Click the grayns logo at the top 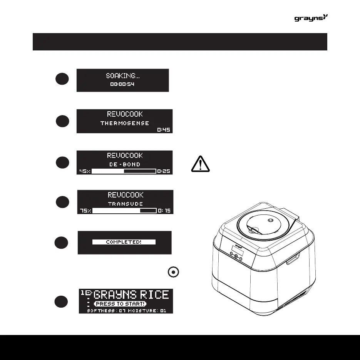(311, 18)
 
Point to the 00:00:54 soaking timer (122, 84)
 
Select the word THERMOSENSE (124, 124)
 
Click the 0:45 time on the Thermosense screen (164, 130)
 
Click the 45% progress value (84, 171)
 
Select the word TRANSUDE (125, 204)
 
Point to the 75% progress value (85, 211)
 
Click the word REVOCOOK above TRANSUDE (125, 195)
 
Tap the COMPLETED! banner (124, 242)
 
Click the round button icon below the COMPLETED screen (174, 272)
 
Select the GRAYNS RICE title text (131, 295)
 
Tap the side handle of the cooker (293, 259)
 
